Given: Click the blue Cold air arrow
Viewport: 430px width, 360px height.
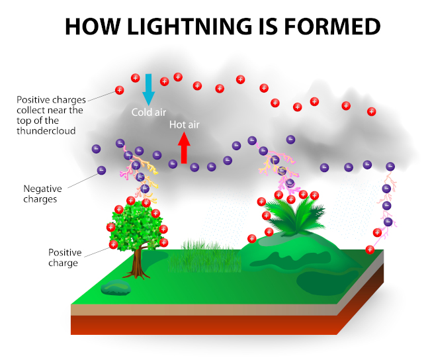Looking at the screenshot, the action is pyautogui.click(x=148, y=89).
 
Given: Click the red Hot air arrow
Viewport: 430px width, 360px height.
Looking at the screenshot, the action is pyautogui.click(x=184, y=148).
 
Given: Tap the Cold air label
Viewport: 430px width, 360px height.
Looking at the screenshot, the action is pyautogui.click(x=149, y=112).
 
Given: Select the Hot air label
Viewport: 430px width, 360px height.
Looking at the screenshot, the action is pyautogui.click(x=185, y=124).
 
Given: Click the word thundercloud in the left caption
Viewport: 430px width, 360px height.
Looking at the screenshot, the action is pyautogui.click(x=46, y=130).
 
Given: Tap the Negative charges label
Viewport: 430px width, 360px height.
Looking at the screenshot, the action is pyautogui.click(x=42, y=194).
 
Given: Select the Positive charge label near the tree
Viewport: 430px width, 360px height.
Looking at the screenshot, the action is pyautogui.click(x=65, y=257).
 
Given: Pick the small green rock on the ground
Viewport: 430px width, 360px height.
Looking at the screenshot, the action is pyautogui.click(x=116, y=287).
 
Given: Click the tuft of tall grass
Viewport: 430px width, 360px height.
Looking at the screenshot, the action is pyautogui.click(x=204, y=257).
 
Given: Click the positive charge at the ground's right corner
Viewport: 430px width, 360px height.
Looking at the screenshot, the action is pyautogui.click(x=370, y=249).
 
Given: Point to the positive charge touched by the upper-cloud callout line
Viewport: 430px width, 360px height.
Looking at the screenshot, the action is pyautogui.click(x=119, y=90).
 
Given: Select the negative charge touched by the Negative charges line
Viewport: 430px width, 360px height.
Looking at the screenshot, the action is pyautogui.click(x=101, y=170).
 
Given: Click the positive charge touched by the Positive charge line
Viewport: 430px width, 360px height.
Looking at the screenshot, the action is pyautogui.click(x=113, y=244).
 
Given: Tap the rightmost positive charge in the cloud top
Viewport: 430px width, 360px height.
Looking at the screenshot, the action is pyautogui.click(x=372, y=112).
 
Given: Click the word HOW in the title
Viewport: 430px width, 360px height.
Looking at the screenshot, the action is pyautogui.click(x=93, y=26).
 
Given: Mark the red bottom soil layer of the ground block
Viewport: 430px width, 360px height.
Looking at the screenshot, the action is pyautogui.click(x=204, y=325).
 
